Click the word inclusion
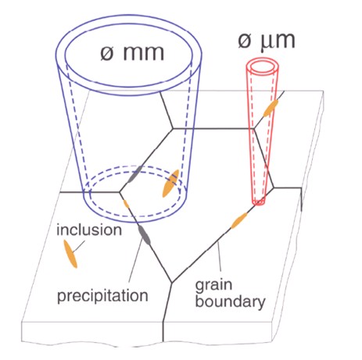click(89, 230)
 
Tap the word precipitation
click(102, 296)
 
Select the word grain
click(213, 285)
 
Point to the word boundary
click(230, 301)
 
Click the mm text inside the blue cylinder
click(143, 53)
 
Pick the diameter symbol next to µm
click(245, 40)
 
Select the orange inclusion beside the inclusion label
click(70, 254)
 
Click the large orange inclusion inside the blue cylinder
click(170, 184)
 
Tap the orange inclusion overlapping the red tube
click(271, 108)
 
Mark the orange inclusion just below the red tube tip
click(239, 220)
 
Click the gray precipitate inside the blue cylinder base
click(135, 174)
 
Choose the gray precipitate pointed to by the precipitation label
click(144, 236)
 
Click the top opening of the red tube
click(263, 67)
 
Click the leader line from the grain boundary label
click(220, 256)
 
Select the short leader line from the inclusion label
click(79, 246)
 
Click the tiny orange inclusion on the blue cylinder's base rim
click(126, 204)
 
